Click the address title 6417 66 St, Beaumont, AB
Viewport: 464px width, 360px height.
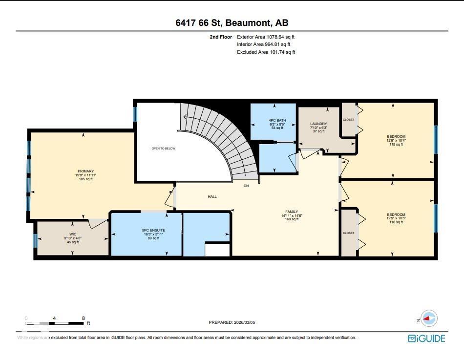click(x=232, y=23)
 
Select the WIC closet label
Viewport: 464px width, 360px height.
click(x=73, y=234)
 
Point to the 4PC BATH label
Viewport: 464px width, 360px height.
click(x=274, y=120)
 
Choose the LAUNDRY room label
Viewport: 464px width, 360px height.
click(x=318, y=124)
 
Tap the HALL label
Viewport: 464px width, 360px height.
click(x=212, y=197)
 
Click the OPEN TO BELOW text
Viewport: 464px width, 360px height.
click(x=163, y=148)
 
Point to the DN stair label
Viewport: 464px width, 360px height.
click(x=247, y=186)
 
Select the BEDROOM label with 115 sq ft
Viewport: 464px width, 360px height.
click(x=396, y=137)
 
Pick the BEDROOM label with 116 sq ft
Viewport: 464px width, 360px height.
click(x=396, y=215)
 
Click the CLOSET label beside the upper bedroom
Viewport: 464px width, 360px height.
click(x=348, y=120)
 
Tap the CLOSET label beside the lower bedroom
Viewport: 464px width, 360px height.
click(x=348, y=233)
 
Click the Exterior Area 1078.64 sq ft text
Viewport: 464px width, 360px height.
click(x=266, y=37)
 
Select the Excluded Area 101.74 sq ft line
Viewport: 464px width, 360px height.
click(x=266, y=52)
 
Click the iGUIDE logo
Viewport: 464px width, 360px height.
click(x=426, y=338)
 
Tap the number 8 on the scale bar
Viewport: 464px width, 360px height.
click(x=84, y=318)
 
